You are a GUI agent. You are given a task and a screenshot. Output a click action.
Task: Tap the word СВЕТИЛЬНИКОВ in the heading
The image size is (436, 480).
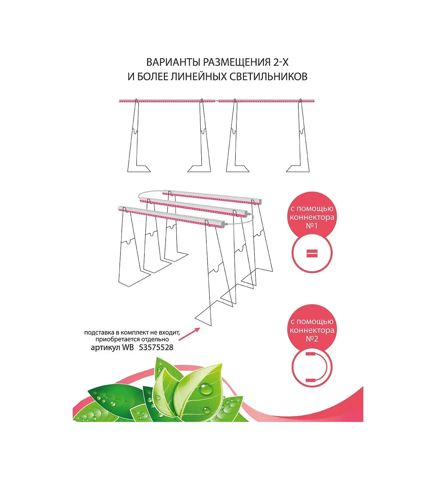point(268,77)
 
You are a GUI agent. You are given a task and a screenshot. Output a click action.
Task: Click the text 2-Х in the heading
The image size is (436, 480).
point(281,62)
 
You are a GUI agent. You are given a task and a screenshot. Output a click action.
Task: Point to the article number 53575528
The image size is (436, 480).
point(156,347)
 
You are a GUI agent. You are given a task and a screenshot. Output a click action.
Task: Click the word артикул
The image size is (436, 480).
point(105,347)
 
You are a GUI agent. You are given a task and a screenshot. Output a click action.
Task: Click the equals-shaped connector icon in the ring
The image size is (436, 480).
point(312,254)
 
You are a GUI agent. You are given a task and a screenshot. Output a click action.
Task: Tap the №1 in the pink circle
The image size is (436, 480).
point(312,226)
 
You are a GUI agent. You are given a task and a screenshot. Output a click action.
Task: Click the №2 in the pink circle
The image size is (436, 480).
point(312,339)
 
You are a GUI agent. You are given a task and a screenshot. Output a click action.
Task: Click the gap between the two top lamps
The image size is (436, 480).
point(217,101)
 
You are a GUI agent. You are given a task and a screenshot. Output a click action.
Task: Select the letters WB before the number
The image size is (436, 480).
point(128,347)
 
